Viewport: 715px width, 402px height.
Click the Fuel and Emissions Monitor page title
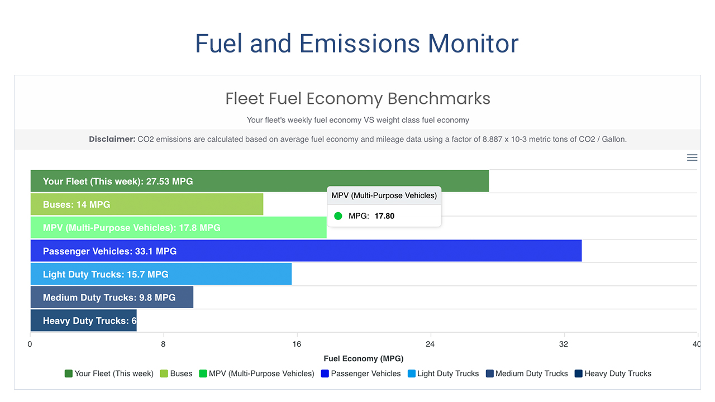357,44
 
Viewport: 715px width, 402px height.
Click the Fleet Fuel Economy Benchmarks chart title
357,99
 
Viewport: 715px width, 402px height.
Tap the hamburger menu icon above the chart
692,157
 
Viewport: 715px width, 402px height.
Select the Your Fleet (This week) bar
259,181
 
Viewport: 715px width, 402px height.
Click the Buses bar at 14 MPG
146,204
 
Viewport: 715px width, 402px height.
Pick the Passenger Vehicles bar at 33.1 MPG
306,251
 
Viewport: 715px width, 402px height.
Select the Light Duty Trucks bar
161,274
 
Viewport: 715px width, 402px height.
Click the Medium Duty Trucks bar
112,298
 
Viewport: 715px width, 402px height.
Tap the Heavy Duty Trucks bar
83,321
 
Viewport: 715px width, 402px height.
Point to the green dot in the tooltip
338,216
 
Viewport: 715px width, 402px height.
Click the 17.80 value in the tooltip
384,216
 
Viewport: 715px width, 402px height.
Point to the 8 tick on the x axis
163,344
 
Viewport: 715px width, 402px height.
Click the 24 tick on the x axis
430,344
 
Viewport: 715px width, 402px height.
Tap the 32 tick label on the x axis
564,344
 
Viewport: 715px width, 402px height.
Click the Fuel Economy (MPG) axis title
363,358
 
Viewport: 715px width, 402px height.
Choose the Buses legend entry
176,374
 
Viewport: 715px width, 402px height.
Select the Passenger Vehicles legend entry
361,374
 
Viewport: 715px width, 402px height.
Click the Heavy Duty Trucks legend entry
613,374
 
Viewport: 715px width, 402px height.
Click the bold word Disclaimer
112,139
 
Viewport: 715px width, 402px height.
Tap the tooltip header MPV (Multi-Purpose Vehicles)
384,195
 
